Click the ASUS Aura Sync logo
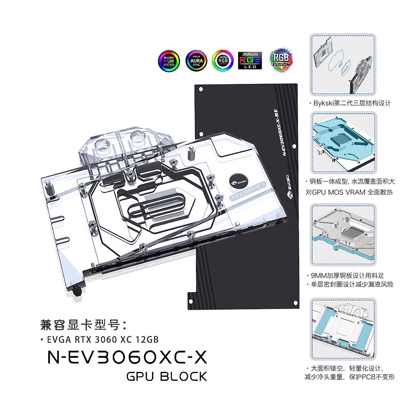point(196,61)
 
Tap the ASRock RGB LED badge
point(250,61)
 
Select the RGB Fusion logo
point(281,60)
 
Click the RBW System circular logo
point(169,61)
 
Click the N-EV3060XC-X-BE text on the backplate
point(279,132)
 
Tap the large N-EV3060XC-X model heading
point(127,357)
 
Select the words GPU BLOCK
point(166,377)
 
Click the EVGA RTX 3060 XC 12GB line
point(103,340)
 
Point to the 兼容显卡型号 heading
point(83,325)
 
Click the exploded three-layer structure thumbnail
point(343,65)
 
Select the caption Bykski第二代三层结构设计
point(351,103)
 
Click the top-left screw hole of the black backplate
point(201,89)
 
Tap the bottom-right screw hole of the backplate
point(295,303)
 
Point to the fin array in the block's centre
point(164,206)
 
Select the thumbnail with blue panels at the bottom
point(343,329)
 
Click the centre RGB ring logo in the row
point(223,61)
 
